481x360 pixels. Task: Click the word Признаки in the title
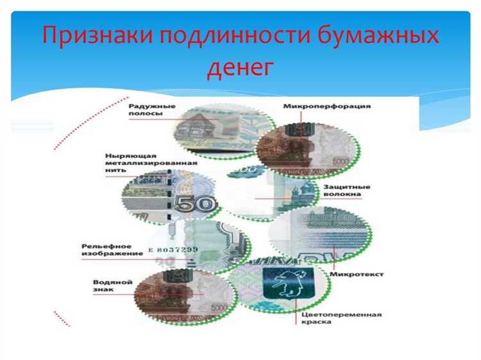94,35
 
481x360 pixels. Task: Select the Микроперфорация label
326,106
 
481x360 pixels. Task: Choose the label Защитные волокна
345,191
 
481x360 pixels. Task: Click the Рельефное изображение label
106,250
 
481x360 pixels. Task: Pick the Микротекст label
357,274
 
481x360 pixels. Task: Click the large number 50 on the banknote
194,205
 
